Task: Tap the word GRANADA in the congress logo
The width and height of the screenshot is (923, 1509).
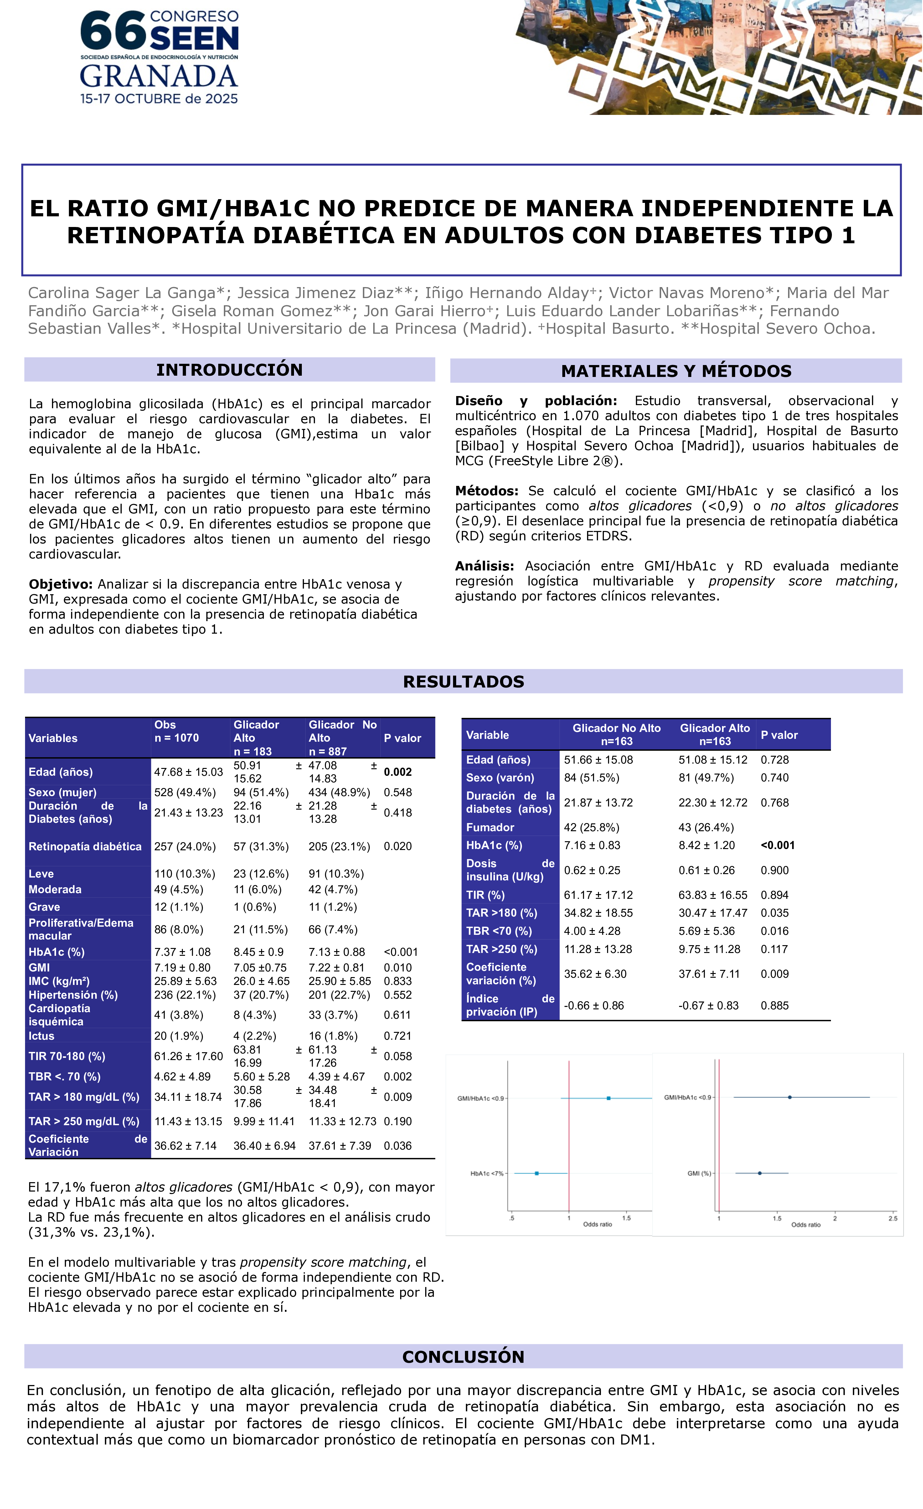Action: click(x=159, y=77)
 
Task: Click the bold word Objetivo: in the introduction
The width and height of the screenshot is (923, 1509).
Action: click(x=61, y=584)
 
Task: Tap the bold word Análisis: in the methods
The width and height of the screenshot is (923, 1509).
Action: click(x=484, y=566)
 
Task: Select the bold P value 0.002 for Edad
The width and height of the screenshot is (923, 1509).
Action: click(x=398, y=772)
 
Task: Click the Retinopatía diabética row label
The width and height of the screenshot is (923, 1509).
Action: click(x=85, y=846)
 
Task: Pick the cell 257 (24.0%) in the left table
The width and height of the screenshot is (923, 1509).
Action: click(x=185, y=846)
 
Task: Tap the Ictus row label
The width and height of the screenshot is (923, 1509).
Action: click(x=42, y=1036)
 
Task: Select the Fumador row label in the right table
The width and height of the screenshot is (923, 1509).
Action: click(x=490, y=827)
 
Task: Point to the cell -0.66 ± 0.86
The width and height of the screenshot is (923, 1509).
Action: click(x=594, y=1006)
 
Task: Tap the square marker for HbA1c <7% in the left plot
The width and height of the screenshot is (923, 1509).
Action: click(x=537, y=1173)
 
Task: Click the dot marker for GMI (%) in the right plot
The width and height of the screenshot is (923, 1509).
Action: click(x=760, y=1173)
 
